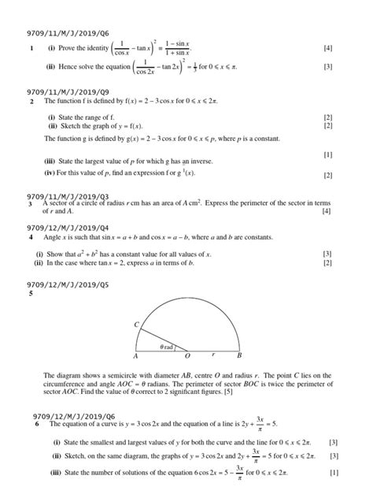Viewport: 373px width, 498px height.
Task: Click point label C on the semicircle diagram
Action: (x=136, y=325)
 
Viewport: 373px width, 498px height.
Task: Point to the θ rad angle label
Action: (x=166, y=347)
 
